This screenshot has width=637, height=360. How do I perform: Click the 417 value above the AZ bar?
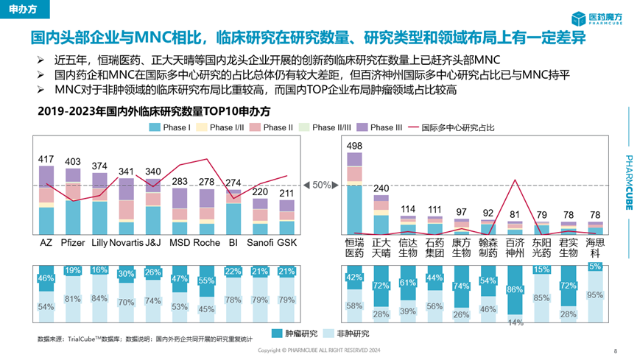[46, 158]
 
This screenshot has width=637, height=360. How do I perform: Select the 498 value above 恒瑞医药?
[354, 145]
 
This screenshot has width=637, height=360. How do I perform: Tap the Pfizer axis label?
[73, 243]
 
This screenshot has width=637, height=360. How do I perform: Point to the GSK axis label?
[286, 243]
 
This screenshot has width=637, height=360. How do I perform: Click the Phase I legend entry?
[169, 127]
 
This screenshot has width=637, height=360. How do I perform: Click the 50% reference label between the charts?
[322, 186]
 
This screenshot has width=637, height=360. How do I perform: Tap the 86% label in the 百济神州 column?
[515, 290]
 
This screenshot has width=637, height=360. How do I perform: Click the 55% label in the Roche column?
[206, 281]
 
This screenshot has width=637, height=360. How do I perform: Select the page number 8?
[616, 350]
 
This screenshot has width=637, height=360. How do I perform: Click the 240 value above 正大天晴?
[381, 188]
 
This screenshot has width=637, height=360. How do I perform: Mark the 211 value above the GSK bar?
[286, 194]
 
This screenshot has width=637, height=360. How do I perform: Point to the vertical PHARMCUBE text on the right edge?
[628, 184]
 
